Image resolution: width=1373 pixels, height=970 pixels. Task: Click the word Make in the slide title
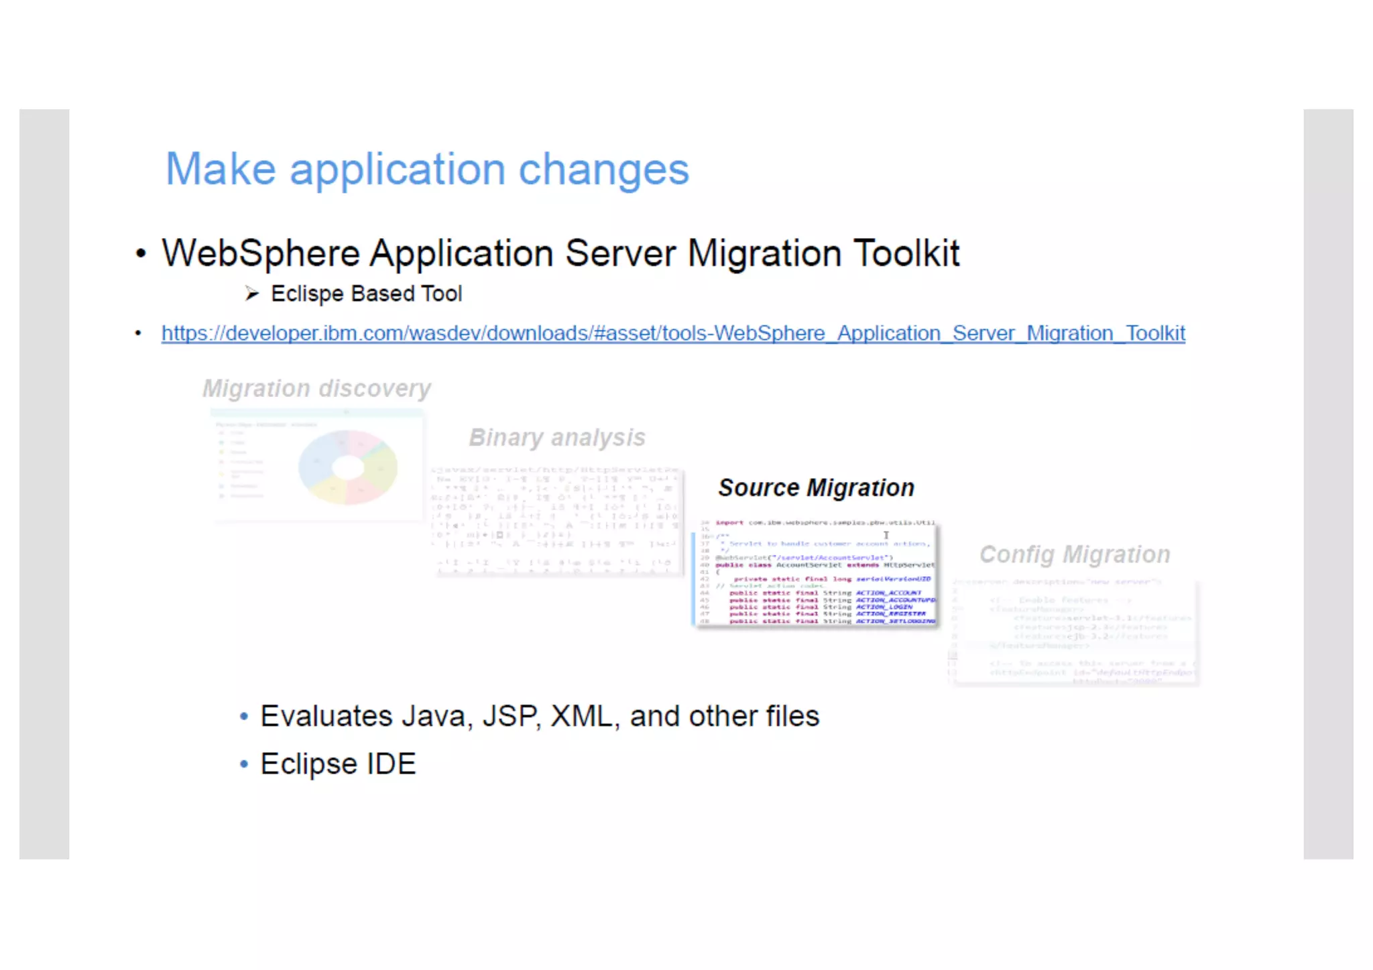pos(220,169)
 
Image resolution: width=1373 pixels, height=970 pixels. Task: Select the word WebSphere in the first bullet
pos(261,254)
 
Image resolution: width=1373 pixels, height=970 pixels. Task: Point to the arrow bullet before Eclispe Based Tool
pos(252,294)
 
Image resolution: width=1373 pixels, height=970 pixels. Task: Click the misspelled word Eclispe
pos(307,294)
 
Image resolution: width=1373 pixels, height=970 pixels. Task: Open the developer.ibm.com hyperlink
pos(673,333)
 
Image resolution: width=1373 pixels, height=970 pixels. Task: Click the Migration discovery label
pos(316,389)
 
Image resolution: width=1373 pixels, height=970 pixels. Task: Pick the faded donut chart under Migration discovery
pos(347,467)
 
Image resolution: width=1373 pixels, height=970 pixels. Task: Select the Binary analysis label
pos(556,438)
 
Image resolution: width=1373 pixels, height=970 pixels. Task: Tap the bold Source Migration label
pos(816,488)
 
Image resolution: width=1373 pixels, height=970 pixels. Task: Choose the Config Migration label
pos(1075,554)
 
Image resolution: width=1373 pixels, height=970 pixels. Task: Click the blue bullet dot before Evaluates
pos(244,717)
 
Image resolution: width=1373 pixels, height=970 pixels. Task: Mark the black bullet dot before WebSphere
pos(140,254)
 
